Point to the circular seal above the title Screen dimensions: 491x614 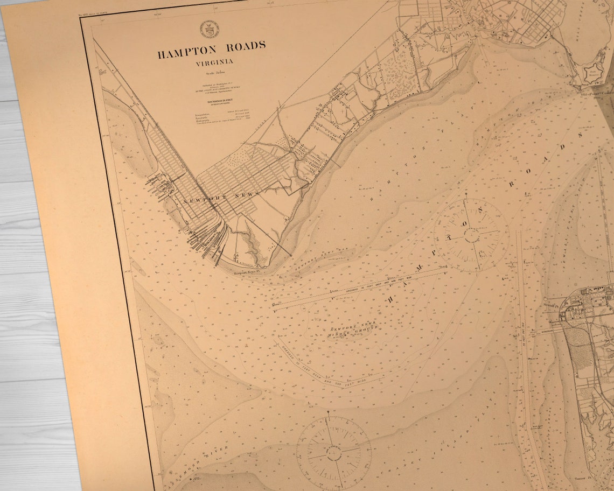tap(209, 29)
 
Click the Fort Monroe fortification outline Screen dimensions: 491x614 tap(594, 72)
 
